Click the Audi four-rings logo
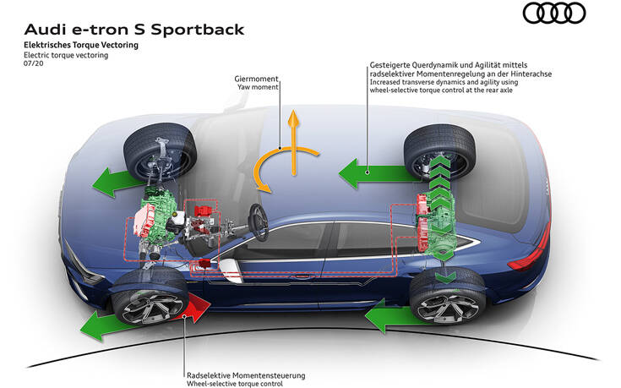click(x=554, y=14)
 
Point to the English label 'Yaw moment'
click(x=257, y=88)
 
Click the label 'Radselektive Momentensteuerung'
click(x=246, y=374)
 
